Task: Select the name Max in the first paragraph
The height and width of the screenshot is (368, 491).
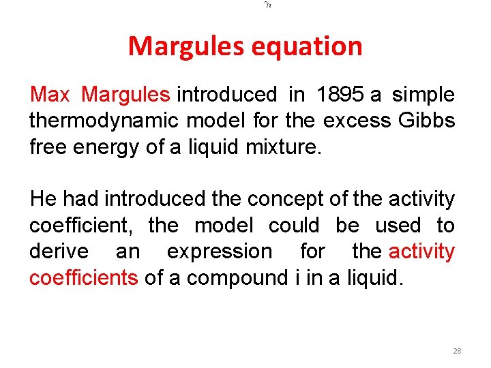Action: [x=50, y=95]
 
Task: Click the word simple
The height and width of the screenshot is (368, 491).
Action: [x=424, y=95]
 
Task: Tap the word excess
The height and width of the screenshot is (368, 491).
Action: [x=354, y=121]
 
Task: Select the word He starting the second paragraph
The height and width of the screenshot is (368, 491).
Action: [x=43, y=199]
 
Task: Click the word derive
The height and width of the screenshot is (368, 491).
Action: [x=59, y=251]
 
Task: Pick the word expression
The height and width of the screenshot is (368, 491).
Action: [x=219, y=251]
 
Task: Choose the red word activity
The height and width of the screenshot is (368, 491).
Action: [x=421, y=251]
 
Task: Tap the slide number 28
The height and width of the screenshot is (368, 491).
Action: [x=457, y=351]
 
